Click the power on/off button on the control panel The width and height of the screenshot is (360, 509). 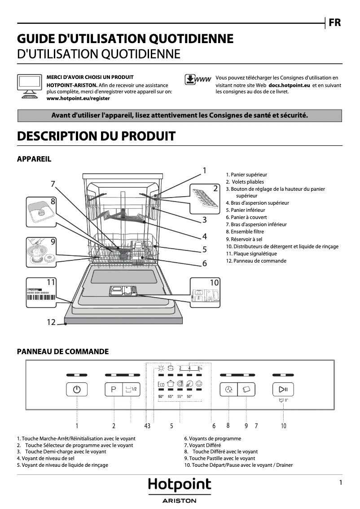(77, 389)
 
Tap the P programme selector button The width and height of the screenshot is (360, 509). (113, 389)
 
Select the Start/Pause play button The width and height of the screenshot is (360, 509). (283, 389)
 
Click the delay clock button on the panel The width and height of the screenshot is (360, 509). (228, 389)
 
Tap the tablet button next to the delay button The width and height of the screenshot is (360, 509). (246, 389)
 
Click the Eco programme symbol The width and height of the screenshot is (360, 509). (161, 385)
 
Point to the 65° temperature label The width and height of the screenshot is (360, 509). (171, 397)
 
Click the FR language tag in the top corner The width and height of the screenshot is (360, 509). (334, 22)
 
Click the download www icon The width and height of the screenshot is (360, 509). (198, 79)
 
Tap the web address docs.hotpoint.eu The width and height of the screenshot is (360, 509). (290, 85)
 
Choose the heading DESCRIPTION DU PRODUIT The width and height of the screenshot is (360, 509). (96, 136)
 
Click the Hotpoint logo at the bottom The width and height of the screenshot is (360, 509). (180, 486)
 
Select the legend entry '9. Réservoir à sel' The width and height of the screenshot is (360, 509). (244, 239)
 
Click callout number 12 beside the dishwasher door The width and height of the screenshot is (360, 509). (51, 322)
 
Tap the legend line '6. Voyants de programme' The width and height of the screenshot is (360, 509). (212, 439)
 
